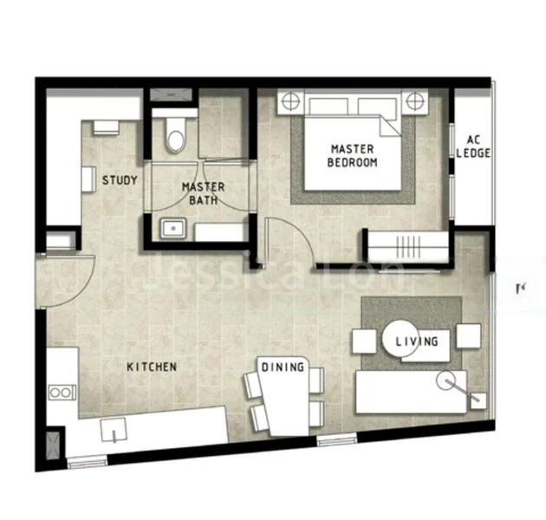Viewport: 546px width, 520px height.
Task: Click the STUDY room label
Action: coord(120,180)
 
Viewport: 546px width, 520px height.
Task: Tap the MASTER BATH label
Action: coord(203,193)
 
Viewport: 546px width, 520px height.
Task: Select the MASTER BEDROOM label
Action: coord(353,155)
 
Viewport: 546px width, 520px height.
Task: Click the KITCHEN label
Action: coord(152,367)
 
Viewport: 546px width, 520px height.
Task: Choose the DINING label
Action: coord(283,367)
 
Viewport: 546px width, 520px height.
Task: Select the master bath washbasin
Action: coord(171,230)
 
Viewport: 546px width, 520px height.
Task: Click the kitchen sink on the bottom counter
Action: coord(114,429)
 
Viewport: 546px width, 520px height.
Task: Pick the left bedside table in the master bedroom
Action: coord(287,102)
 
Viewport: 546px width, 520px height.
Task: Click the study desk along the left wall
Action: coord(88,179)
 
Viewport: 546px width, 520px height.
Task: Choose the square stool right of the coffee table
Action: coord(468,335)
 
